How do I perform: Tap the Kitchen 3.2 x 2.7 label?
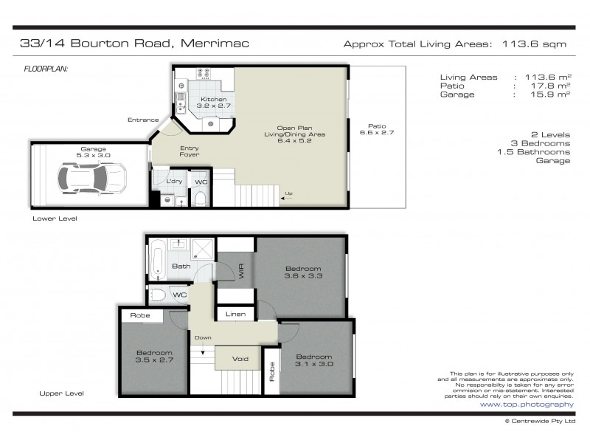[213, 103]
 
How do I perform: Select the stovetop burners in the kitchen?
[204, 73]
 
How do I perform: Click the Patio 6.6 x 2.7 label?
[377, 129]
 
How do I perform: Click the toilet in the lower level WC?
[200, 199]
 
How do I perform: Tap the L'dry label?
[174, 182]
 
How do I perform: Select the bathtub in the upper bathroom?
[157, 260]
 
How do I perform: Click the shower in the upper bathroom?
[203, 249]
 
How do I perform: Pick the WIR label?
[241, 271]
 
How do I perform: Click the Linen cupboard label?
[235, 314]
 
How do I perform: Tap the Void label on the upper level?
[240, 359]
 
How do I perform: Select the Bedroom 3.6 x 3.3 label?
[303, 272]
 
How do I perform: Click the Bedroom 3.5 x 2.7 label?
[154, 356]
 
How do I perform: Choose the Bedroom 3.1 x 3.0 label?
[314, 360]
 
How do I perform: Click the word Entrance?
[143, 120]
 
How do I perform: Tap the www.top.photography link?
[527, 404]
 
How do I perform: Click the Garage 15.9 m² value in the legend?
[550, 95]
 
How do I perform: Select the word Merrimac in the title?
[215, 43]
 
